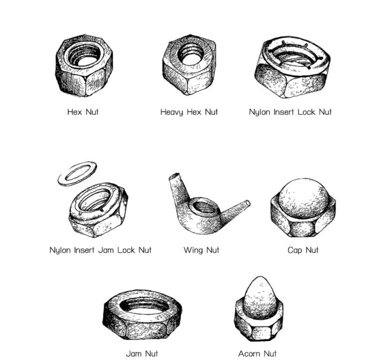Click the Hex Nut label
pos(83,112)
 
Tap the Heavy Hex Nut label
pos(189,112)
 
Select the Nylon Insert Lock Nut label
pos(290,112)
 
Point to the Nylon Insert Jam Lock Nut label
pos(100,250)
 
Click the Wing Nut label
pos(201,250)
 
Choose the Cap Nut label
pos(303,250)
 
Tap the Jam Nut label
pos(142,354)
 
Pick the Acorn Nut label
pos(258,354)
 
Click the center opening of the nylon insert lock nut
pos(293,59)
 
